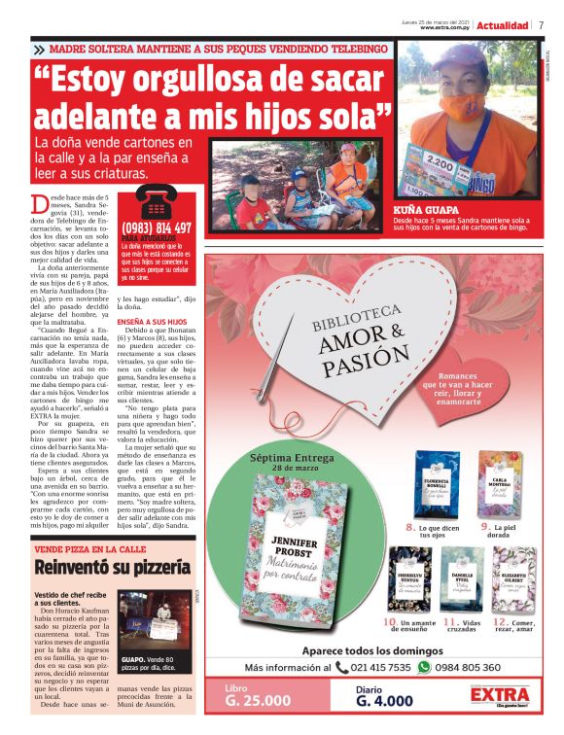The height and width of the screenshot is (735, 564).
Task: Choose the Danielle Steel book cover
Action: click(x=461, y=577)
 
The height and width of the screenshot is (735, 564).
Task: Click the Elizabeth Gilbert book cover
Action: click(x=512, y=577)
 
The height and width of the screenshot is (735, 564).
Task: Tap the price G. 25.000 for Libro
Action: click(x=259, y=700)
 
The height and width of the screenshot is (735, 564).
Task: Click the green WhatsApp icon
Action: click(x=423, y=668)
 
